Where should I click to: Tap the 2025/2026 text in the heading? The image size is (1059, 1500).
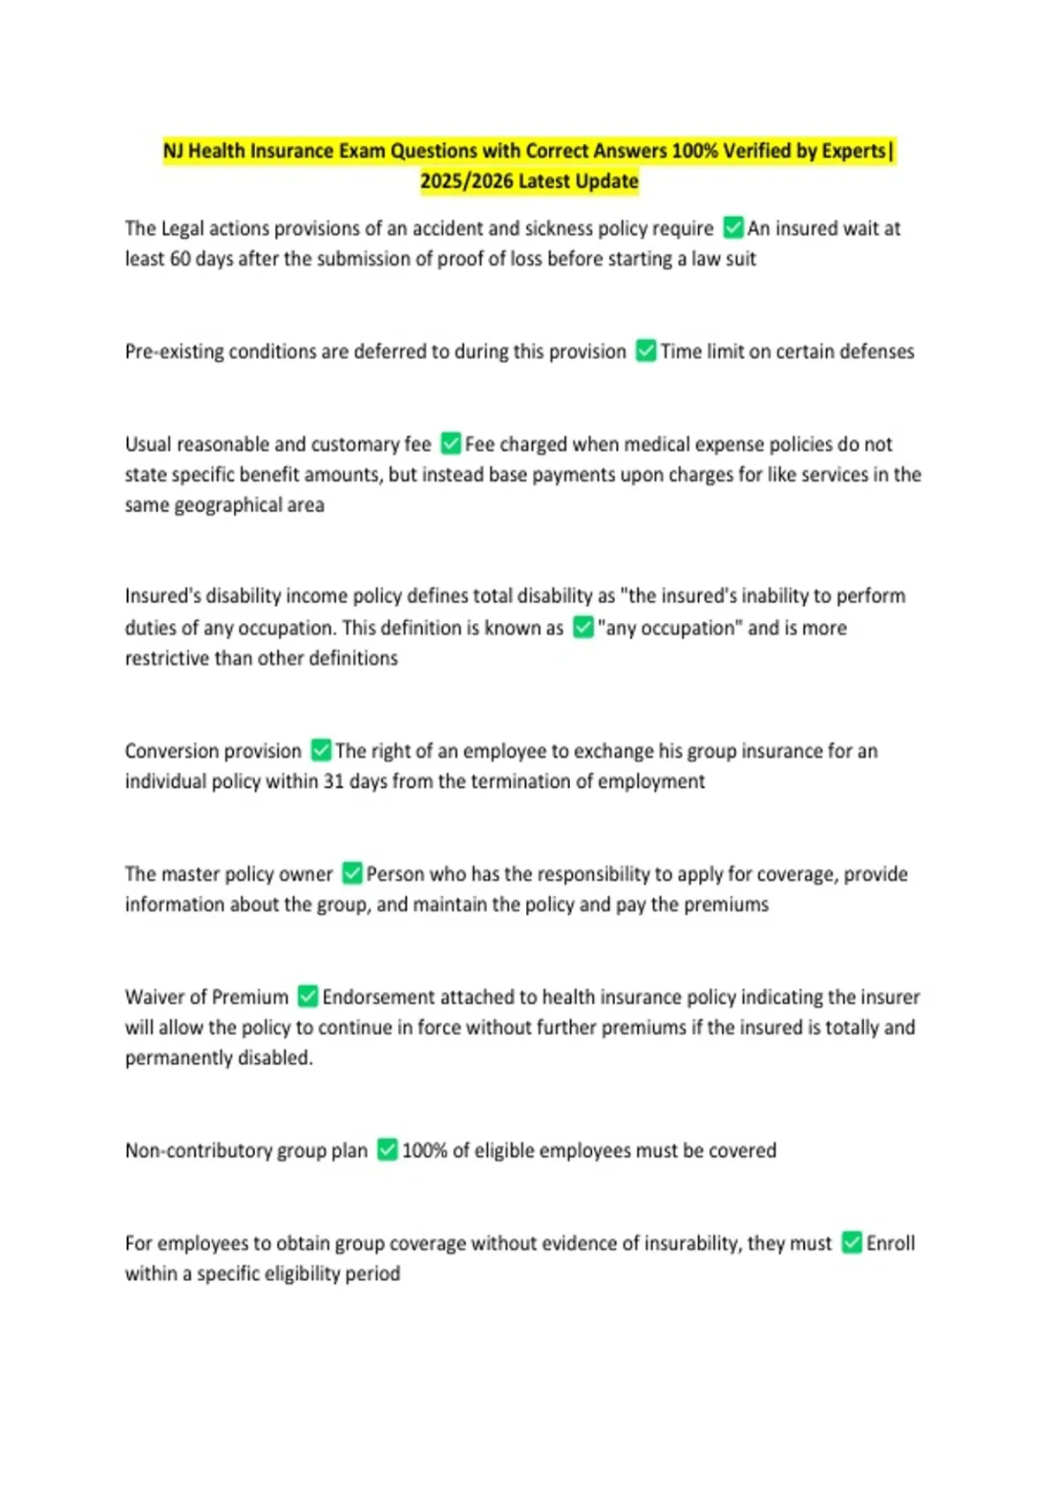(466, 181)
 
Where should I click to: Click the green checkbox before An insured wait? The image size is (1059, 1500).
(733, 228)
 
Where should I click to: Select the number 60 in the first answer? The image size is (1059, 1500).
(180, 259)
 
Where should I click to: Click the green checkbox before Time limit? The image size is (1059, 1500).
(646, 351)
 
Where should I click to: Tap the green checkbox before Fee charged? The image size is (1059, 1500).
(451, 443)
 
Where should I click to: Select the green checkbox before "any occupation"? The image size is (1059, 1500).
(582, 627)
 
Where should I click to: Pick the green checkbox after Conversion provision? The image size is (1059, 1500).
(321, 750)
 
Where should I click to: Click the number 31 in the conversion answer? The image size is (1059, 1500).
(333, 781)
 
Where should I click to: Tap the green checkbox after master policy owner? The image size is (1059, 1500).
(352, 874)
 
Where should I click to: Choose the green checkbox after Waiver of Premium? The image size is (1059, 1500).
(307, 996)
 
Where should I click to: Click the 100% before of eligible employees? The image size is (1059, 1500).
(424, 1151)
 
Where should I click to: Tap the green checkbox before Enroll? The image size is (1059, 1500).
(852, 1242)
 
